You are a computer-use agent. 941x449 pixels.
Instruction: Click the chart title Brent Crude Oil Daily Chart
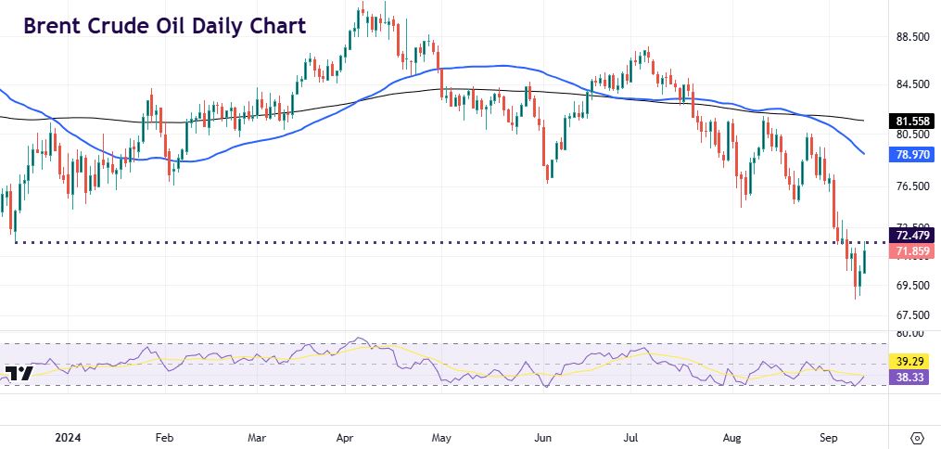tap(164, 26)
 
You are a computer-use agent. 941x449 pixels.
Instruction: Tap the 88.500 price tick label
tap(909, 37)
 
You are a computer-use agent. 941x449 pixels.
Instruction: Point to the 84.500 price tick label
tap(909, 84)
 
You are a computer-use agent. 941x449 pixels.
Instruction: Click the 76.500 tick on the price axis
tap(909, 186)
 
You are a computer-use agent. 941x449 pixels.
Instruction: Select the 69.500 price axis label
tap(909, 286)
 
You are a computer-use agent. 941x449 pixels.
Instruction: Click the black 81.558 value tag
tap(909, 121)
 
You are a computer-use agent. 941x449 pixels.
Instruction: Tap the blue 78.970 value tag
tap(909, 155)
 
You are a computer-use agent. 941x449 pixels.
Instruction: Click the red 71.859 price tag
tap(909, 251)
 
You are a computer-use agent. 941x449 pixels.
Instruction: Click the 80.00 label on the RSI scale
tap(910, 332)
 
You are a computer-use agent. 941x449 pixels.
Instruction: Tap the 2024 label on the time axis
tap(68, 435)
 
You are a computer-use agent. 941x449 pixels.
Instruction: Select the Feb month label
tap(164, 435)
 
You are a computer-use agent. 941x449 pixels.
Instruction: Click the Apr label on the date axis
tap(347, 435)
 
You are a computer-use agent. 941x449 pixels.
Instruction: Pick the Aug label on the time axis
tap(731, 435)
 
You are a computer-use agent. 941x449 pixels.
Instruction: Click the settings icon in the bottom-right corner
tap(917, 436)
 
